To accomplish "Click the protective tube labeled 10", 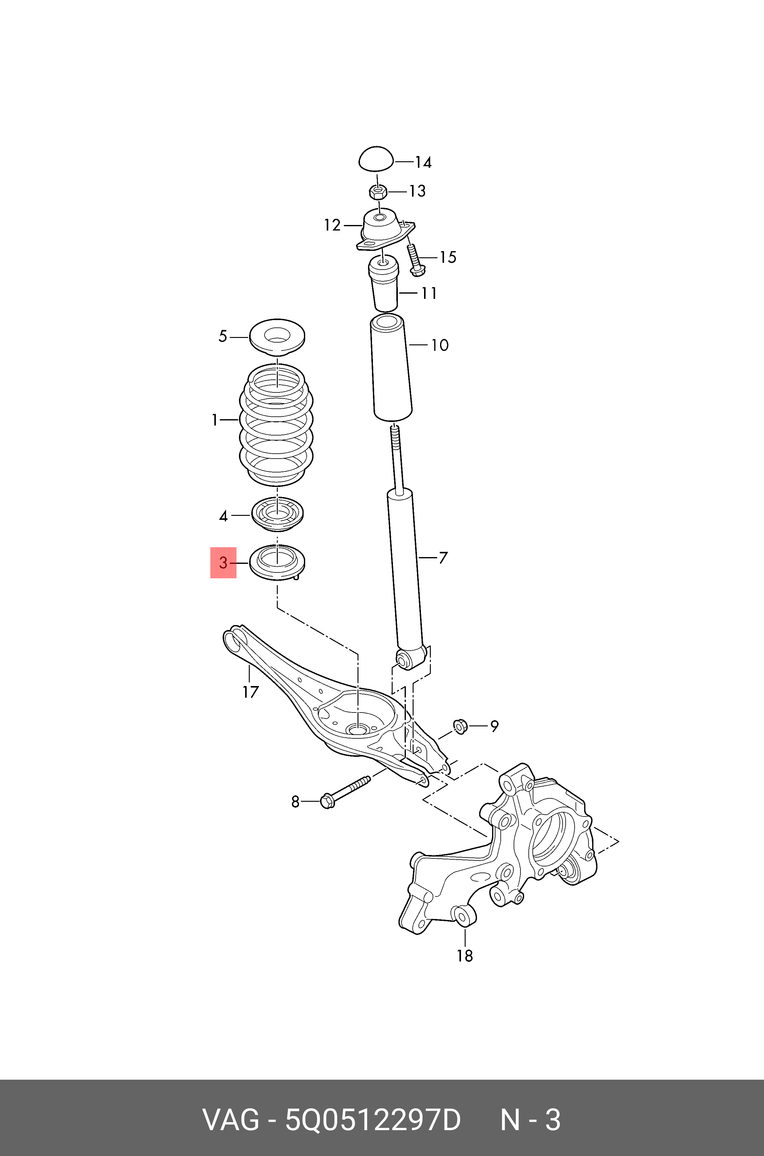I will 391,369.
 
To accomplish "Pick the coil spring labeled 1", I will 276,425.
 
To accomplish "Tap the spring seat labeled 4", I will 277,514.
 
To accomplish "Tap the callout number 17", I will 250,692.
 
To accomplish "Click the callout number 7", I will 443,558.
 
